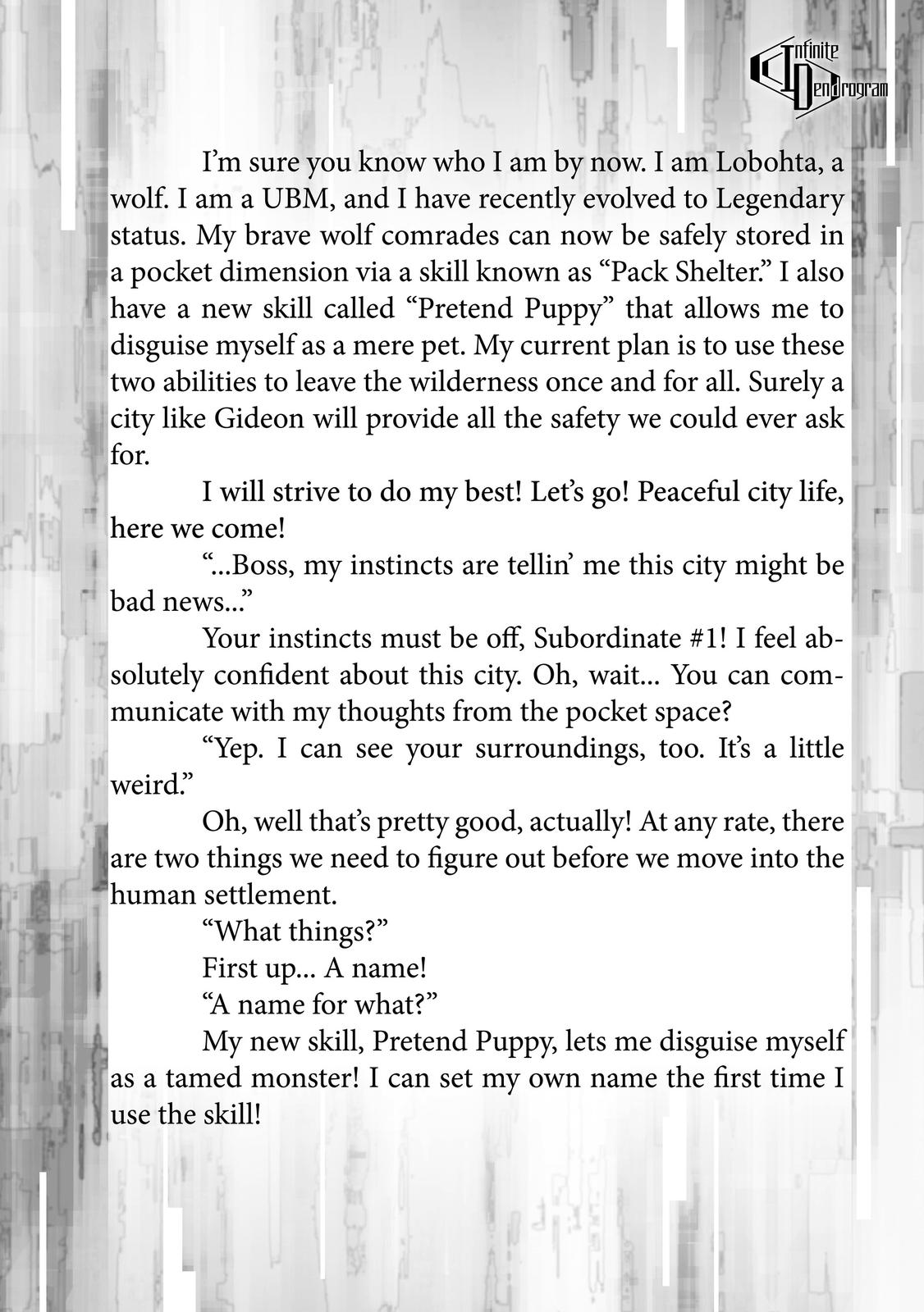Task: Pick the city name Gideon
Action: pyautogui.click(x=259, y=418)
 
